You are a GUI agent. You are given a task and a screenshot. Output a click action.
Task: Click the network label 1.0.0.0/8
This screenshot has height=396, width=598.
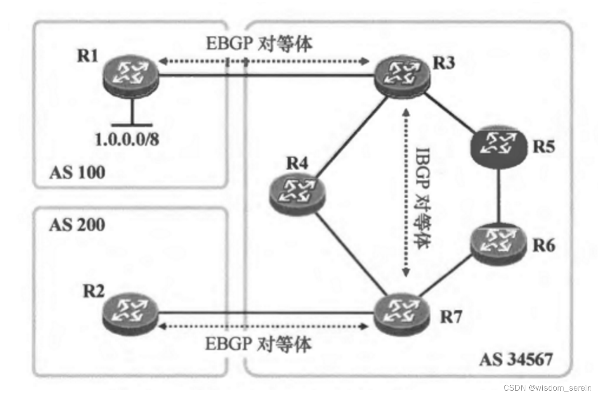127,139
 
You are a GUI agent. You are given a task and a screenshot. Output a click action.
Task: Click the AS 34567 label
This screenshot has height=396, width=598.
515,360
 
